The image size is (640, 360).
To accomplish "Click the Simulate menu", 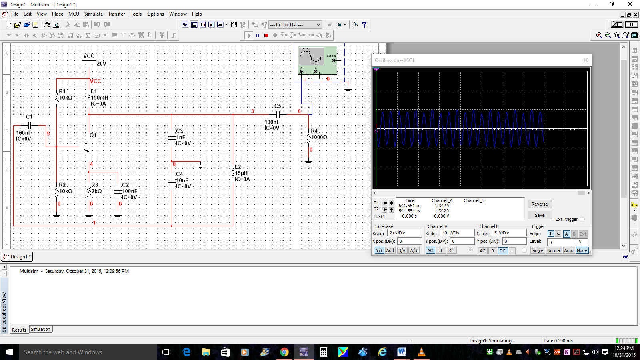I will [93, 14].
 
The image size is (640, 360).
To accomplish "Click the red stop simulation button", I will [266, 35].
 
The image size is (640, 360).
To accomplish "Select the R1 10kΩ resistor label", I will [65, 95].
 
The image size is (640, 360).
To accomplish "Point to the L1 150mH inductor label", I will [99, 98].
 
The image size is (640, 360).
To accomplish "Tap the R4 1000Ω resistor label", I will [319, 134].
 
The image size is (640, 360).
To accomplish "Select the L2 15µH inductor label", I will [241, 173].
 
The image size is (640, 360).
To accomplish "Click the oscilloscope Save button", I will [540, 215].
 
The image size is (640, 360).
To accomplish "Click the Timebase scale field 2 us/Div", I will [404, 233].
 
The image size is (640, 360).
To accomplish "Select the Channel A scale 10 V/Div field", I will [457, 233].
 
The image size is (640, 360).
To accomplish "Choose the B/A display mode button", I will [402, 250].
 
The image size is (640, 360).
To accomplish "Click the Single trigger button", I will [537, 250].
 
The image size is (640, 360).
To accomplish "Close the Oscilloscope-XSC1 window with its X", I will [586, 60].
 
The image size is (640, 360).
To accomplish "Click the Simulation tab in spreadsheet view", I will [40, 330].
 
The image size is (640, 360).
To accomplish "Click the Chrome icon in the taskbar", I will [284, 352].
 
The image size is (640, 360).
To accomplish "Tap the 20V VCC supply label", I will [101, 64].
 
